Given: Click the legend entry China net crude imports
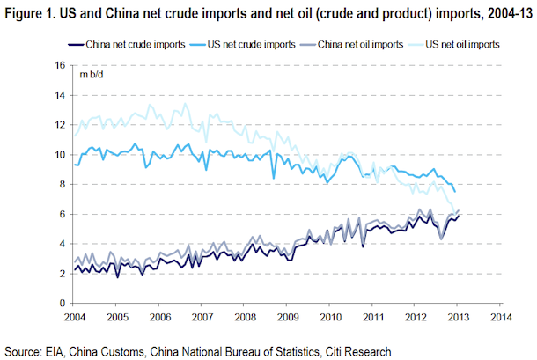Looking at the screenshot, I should tap(122, 42).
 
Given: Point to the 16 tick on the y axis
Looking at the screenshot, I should tap(61, 65).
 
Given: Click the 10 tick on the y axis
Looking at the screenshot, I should tap(61, 155).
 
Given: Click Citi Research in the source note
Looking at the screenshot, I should tap(352, 350).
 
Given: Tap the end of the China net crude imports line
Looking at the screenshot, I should tap(459, 216).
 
